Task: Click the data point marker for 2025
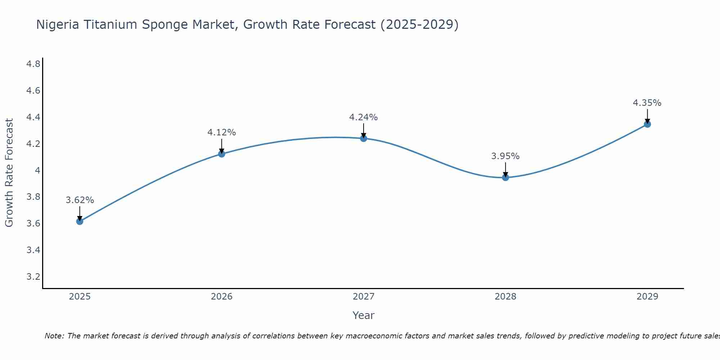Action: pyautogui.click(x=80, y=221)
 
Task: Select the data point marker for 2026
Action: pyautogui.click(x=222, y=154)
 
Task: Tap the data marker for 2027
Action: pyautogui.click(x=364, y=138)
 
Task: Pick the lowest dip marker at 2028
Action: pyautogui.click(x=505, y=177)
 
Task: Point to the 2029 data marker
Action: pyautogui.click(x=647, y=124)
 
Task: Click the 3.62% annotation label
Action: pyautogui.click(x=80, y=200)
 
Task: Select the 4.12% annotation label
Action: pyautogui.click(x=222, y=132)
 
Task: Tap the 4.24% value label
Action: pyautogui.click(x=364, y=117)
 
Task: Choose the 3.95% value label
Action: pyautogui.click(x=505, y=156)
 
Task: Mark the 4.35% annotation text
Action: pyautogui.click(x=647, y=103)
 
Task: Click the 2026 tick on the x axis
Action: pyautogui.click(x=222, y=297)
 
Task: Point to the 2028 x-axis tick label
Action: pyautogui.click(x=505, y=297)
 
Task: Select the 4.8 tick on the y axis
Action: pyautogui.click(x=33, y=64)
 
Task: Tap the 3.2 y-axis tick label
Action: pyautogui.click(x=33, y=277)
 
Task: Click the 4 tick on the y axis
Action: pyautogui.click(x=37, y=170)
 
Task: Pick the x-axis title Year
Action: pyautogui.click(x=364, y=315)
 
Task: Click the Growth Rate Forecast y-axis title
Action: pyautogui.click(x=9, y=173)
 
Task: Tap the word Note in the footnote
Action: pyautogui.click(x=54, y=336)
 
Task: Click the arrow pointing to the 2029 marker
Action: pyautogui.click(x=647, y=116)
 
